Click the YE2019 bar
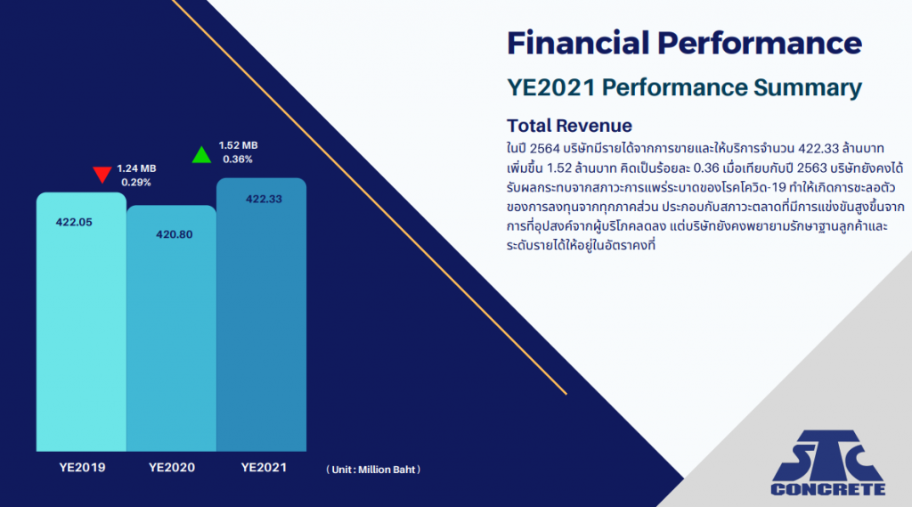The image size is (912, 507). click(x=81, y=322)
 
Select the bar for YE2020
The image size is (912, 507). click(x=172, y=328)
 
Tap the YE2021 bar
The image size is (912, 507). click(x=261, y=315)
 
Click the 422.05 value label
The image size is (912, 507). click(x=74, y=222)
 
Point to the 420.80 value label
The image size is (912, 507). click(x=174, y=234)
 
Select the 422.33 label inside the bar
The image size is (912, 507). click(x=264, y=199)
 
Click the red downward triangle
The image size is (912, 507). click(x=102, y=175)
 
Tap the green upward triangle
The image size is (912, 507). click(x=201, y=155)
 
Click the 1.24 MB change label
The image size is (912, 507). click(x=136, y=168)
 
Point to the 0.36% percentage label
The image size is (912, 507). click(x=238, y=159)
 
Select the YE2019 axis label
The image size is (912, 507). click(x=82, y=468)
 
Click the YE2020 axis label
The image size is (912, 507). click(x=172, y=468)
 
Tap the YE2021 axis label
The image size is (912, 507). click(x=264, y=468)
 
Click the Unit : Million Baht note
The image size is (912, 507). click(x=373, y=470)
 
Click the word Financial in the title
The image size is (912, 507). click(x=578, y=43)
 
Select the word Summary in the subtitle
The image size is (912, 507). click(x=808, y=88)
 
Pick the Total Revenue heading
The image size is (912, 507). click(x=569, y=126)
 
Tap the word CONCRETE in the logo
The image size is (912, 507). click(x=828, y=489)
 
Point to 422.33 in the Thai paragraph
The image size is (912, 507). click(x=818, y=149)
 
